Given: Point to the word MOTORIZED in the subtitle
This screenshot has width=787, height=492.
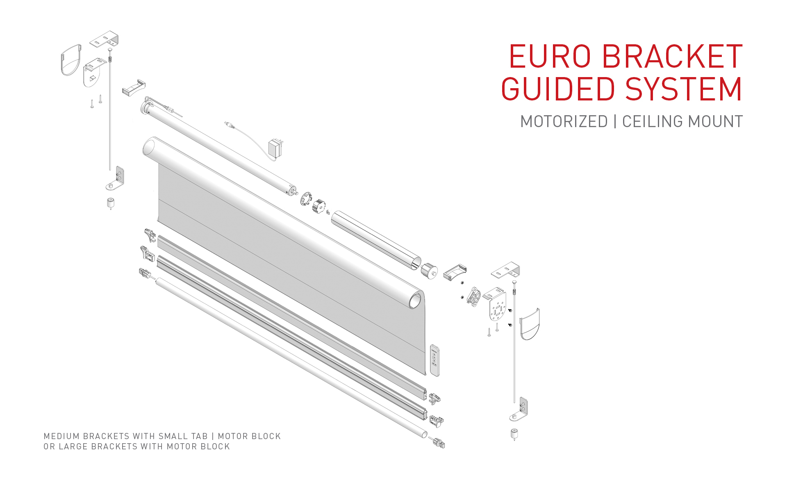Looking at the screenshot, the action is pos(564,122).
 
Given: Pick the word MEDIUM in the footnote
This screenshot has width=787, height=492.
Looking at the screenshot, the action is pos(61,436).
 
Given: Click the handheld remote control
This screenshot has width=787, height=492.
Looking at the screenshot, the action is pos(434,360).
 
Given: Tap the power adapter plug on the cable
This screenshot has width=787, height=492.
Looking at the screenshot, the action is pos(275,148).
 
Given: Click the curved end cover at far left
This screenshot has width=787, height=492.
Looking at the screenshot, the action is pos(71,60).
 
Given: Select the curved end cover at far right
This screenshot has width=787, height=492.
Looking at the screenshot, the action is pos(530,324).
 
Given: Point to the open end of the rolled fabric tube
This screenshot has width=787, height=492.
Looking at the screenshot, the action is pos(415,301).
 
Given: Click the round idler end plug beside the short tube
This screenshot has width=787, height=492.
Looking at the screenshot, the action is pos(429,271).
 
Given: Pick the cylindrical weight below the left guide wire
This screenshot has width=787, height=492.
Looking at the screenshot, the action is pos(111,203).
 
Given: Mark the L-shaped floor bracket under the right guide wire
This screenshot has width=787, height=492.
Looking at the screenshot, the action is pos(520,410).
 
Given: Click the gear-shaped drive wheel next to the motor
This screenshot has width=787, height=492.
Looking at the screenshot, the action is pos(318,206).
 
